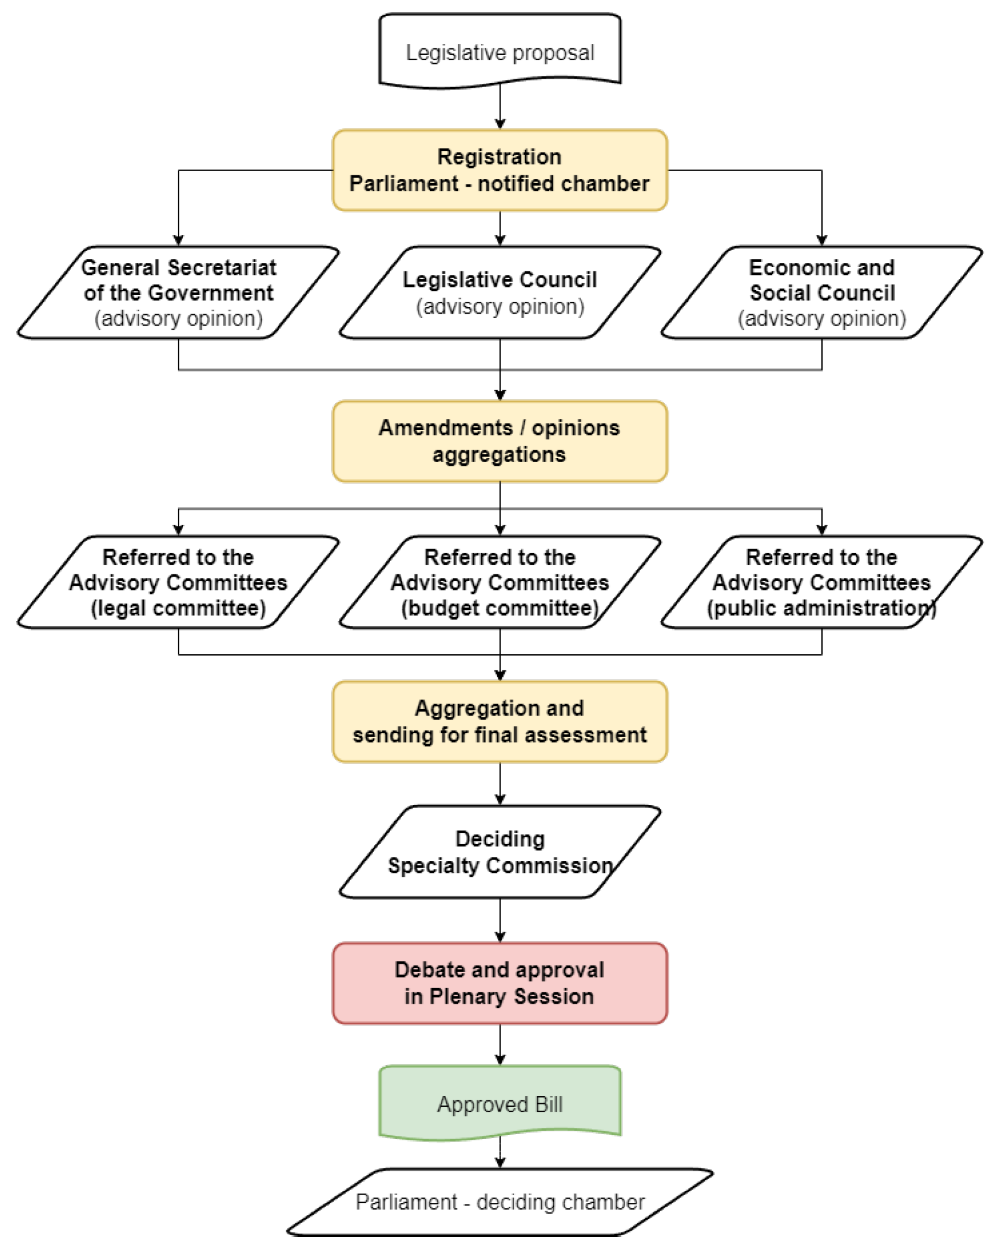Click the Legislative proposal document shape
point(500,51)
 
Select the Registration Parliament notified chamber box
point(500,170)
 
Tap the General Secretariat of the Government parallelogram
point(178,292)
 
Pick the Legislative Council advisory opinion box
point(500,292)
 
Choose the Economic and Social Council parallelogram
point(821,292)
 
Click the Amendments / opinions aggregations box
point(500,441)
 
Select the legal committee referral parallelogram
point(178,581)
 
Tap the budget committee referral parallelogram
point(500,581)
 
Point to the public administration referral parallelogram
point(821,581)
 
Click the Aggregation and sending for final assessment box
point(500,721)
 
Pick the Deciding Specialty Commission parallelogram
point(500,852)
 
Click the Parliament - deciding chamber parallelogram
point(500,1201)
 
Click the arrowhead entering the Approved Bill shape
point(500,1059)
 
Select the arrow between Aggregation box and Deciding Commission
point(500,783)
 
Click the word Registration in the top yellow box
point(499,157)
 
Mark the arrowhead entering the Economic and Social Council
point(821,240)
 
